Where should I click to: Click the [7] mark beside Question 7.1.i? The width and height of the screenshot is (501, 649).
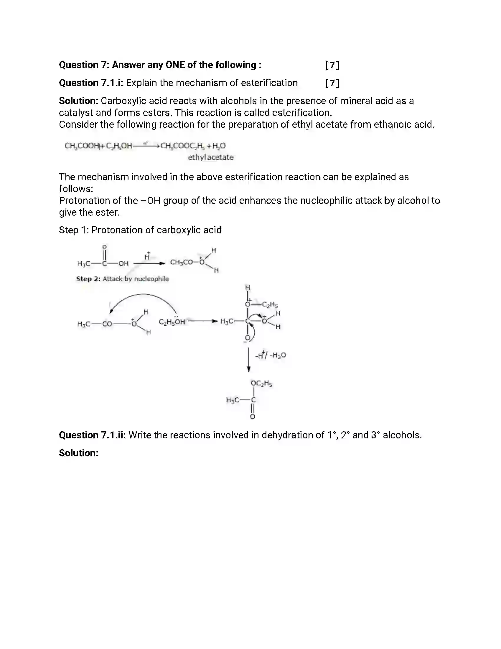click(332, 83)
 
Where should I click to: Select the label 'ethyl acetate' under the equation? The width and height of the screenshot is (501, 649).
click(210, 157)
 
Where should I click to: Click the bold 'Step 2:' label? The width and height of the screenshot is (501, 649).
click(88, 279)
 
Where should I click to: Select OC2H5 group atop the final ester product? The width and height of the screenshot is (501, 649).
click(261, 383)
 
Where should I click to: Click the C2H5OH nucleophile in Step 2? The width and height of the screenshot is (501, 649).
click(172, 322)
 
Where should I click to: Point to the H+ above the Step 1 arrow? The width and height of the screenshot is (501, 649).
click(147, 256)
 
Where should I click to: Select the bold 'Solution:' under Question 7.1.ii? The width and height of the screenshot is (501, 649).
click(79, 453)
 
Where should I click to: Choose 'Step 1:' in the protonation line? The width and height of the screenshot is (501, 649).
click(74, 230)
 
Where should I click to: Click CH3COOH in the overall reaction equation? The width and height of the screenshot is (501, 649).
click(82, 146)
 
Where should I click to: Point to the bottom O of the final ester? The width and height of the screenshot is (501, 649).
click(252, 417)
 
